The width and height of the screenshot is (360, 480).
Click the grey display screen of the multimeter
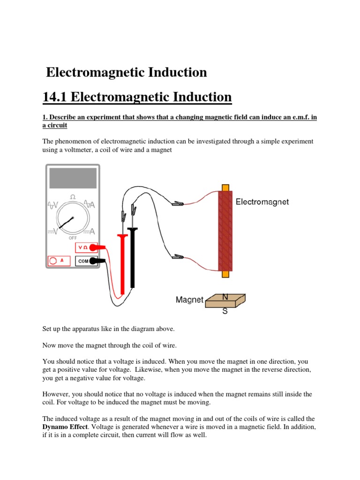(72, 178)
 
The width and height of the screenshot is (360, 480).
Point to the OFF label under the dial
(72, 238)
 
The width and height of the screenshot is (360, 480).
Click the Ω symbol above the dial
(73, 197)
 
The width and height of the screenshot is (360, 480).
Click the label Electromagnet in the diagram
(262, 202)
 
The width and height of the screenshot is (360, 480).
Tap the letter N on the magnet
(225, 297)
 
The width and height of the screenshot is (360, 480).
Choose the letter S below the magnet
(225, 311)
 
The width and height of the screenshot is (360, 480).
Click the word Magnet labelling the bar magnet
(189, 300)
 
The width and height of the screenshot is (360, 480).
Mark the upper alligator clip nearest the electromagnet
(177, 203)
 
